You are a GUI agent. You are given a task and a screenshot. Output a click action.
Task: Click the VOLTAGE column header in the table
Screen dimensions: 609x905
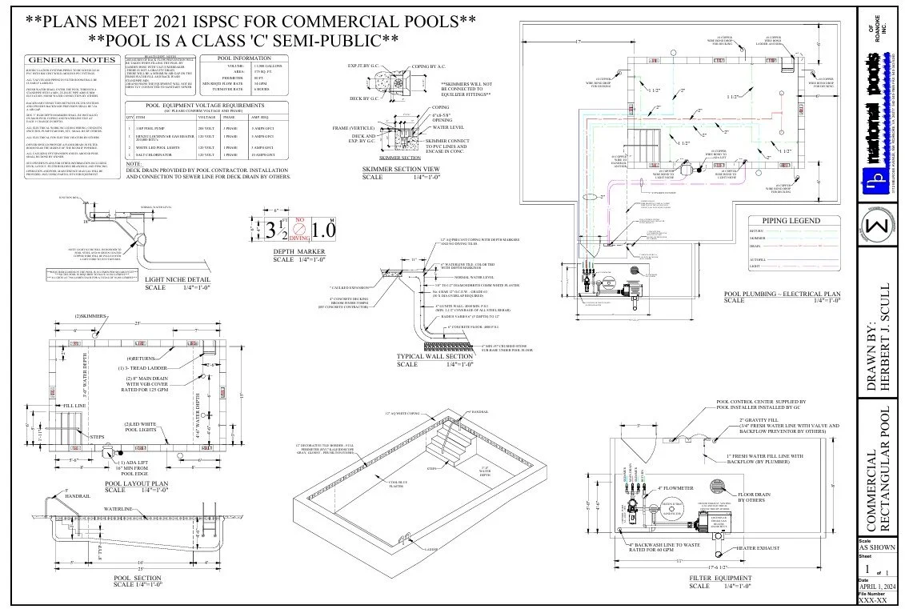pyautogui.click(x=207, y=117)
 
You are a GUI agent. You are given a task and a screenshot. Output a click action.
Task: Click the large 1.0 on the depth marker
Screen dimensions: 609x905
pyautogui.click(x=324, y=230)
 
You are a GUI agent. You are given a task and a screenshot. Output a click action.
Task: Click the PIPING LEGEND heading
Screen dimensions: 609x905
pyautogui.click(x=795, y=221)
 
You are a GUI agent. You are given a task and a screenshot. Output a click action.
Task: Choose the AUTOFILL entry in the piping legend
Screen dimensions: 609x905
pyautogui.click(x=760, y=259)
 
